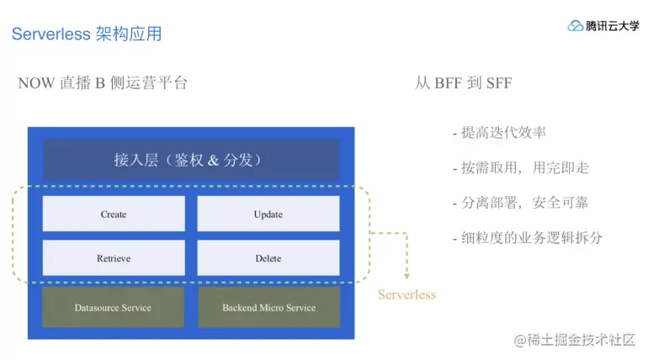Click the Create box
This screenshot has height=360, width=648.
click(114, 214)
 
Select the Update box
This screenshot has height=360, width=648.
click(268, 214)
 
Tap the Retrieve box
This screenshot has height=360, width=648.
click(114, 258)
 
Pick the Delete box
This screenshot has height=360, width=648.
click(268, 258)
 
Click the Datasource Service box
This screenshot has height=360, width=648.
click(113, 308)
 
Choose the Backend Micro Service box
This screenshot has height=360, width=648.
click(268, 308)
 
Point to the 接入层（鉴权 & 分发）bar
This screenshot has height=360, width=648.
click(191, 159)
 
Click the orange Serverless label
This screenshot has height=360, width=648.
click(406, 295)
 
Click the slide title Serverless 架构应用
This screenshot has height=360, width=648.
click(87, 34)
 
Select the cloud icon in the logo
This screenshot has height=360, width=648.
click(576, 26)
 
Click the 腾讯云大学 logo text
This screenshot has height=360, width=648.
click(613, 26)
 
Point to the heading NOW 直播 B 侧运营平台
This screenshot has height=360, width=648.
click(103, 83)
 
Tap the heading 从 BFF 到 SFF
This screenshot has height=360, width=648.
click(463, 83)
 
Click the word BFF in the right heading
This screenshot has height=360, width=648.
click(449, 83)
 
